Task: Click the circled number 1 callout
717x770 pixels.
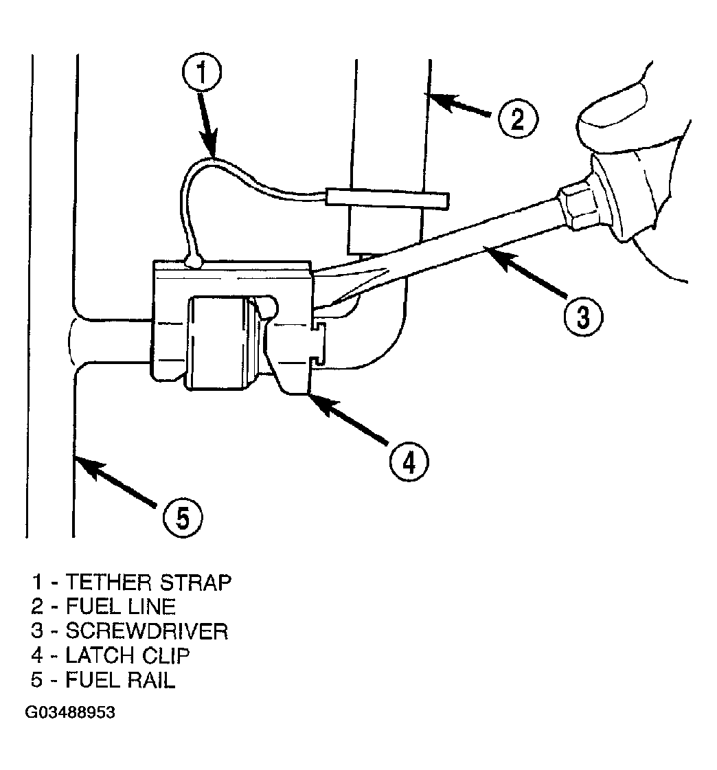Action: [201, 71]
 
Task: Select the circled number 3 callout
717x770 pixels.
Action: [582, 317]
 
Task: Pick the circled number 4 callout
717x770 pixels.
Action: [409, 462]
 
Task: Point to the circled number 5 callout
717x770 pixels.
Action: [183, 518]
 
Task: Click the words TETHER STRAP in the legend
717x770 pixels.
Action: [148, 582]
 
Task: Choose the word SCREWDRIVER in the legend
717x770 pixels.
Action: [147, 631]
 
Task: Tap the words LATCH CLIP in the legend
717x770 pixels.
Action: [128, 655]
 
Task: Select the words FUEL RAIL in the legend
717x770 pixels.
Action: [120, 680]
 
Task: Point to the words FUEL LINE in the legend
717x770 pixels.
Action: [120, 607]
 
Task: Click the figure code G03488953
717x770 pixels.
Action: [70, 712]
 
